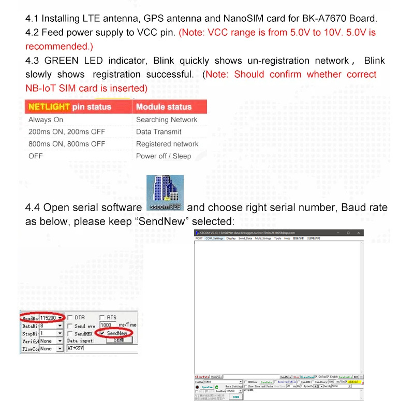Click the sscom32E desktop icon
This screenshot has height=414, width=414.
(165, 193)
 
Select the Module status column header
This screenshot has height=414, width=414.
(164, 107)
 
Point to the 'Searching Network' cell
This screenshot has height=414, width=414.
(167, 120)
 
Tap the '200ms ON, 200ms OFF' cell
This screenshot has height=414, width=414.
(67, 131)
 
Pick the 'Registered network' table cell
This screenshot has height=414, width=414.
(167, 144)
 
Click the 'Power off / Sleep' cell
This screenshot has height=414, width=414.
(164, 156)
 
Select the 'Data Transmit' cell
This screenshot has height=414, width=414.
(158, 131)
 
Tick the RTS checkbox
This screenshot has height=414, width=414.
(102, 318)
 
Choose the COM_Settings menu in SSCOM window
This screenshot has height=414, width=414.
(214, 239)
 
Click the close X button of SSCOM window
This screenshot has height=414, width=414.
(359, 233)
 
